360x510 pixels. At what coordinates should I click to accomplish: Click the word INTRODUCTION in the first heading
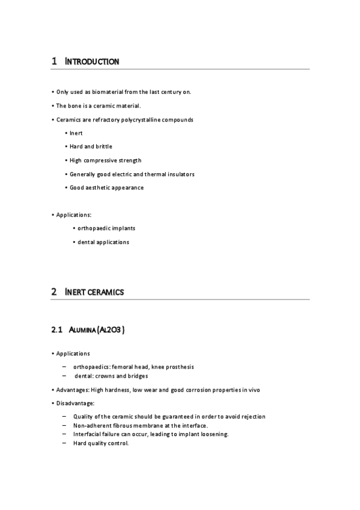point(92,61)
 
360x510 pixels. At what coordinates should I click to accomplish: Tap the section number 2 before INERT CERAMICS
point(54,292)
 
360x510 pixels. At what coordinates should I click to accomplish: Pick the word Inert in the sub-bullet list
point(76,133)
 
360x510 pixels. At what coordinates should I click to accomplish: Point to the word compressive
point(103,160)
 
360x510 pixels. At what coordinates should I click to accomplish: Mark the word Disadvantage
point(75,403)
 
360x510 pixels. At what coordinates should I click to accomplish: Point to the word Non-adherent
point(91,426)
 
